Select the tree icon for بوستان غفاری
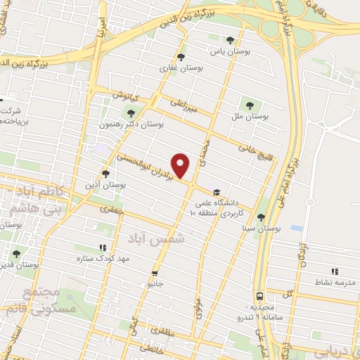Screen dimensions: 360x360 181,57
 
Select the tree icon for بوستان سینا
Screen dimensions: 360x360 262,217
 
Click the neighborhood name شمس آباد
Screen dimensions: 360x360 157,238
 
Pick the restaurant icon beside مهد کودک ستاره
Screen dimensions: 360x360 103,247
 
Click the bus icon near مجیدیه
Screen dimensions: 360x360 259,296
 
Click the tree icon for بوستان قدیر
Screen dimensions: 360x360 16,253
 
